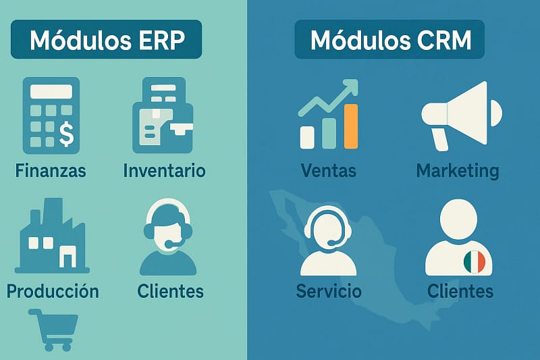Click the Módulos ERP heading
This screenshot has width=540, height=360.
[106, 41]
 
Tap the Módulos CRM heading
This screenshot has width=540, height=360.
[389, 41]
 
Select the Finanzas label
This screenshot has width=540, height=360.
[51, 170]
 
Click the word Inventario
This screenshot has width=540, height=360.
[164, 170]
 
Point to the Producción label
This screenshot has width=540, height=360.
[53, 291]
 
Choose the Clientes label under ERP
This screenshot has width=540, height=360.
[170, 291]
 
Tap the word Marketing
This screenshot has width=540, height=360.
[458, 170]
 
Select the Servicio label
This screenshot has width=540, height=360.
[329, 291]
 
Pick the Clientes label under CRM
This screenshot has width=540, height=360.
[460, 291]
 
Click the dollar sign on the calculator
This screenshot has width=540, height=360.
[66, 133]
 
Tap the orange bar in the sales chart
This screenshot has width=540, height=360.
[350, 126]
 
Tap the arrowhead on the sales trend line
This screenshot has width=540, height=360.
[350, 87]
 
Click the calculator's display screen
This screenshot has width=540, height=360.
[51, 91]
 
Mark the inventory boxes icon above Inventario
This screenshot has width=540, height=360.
[162, 118]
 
